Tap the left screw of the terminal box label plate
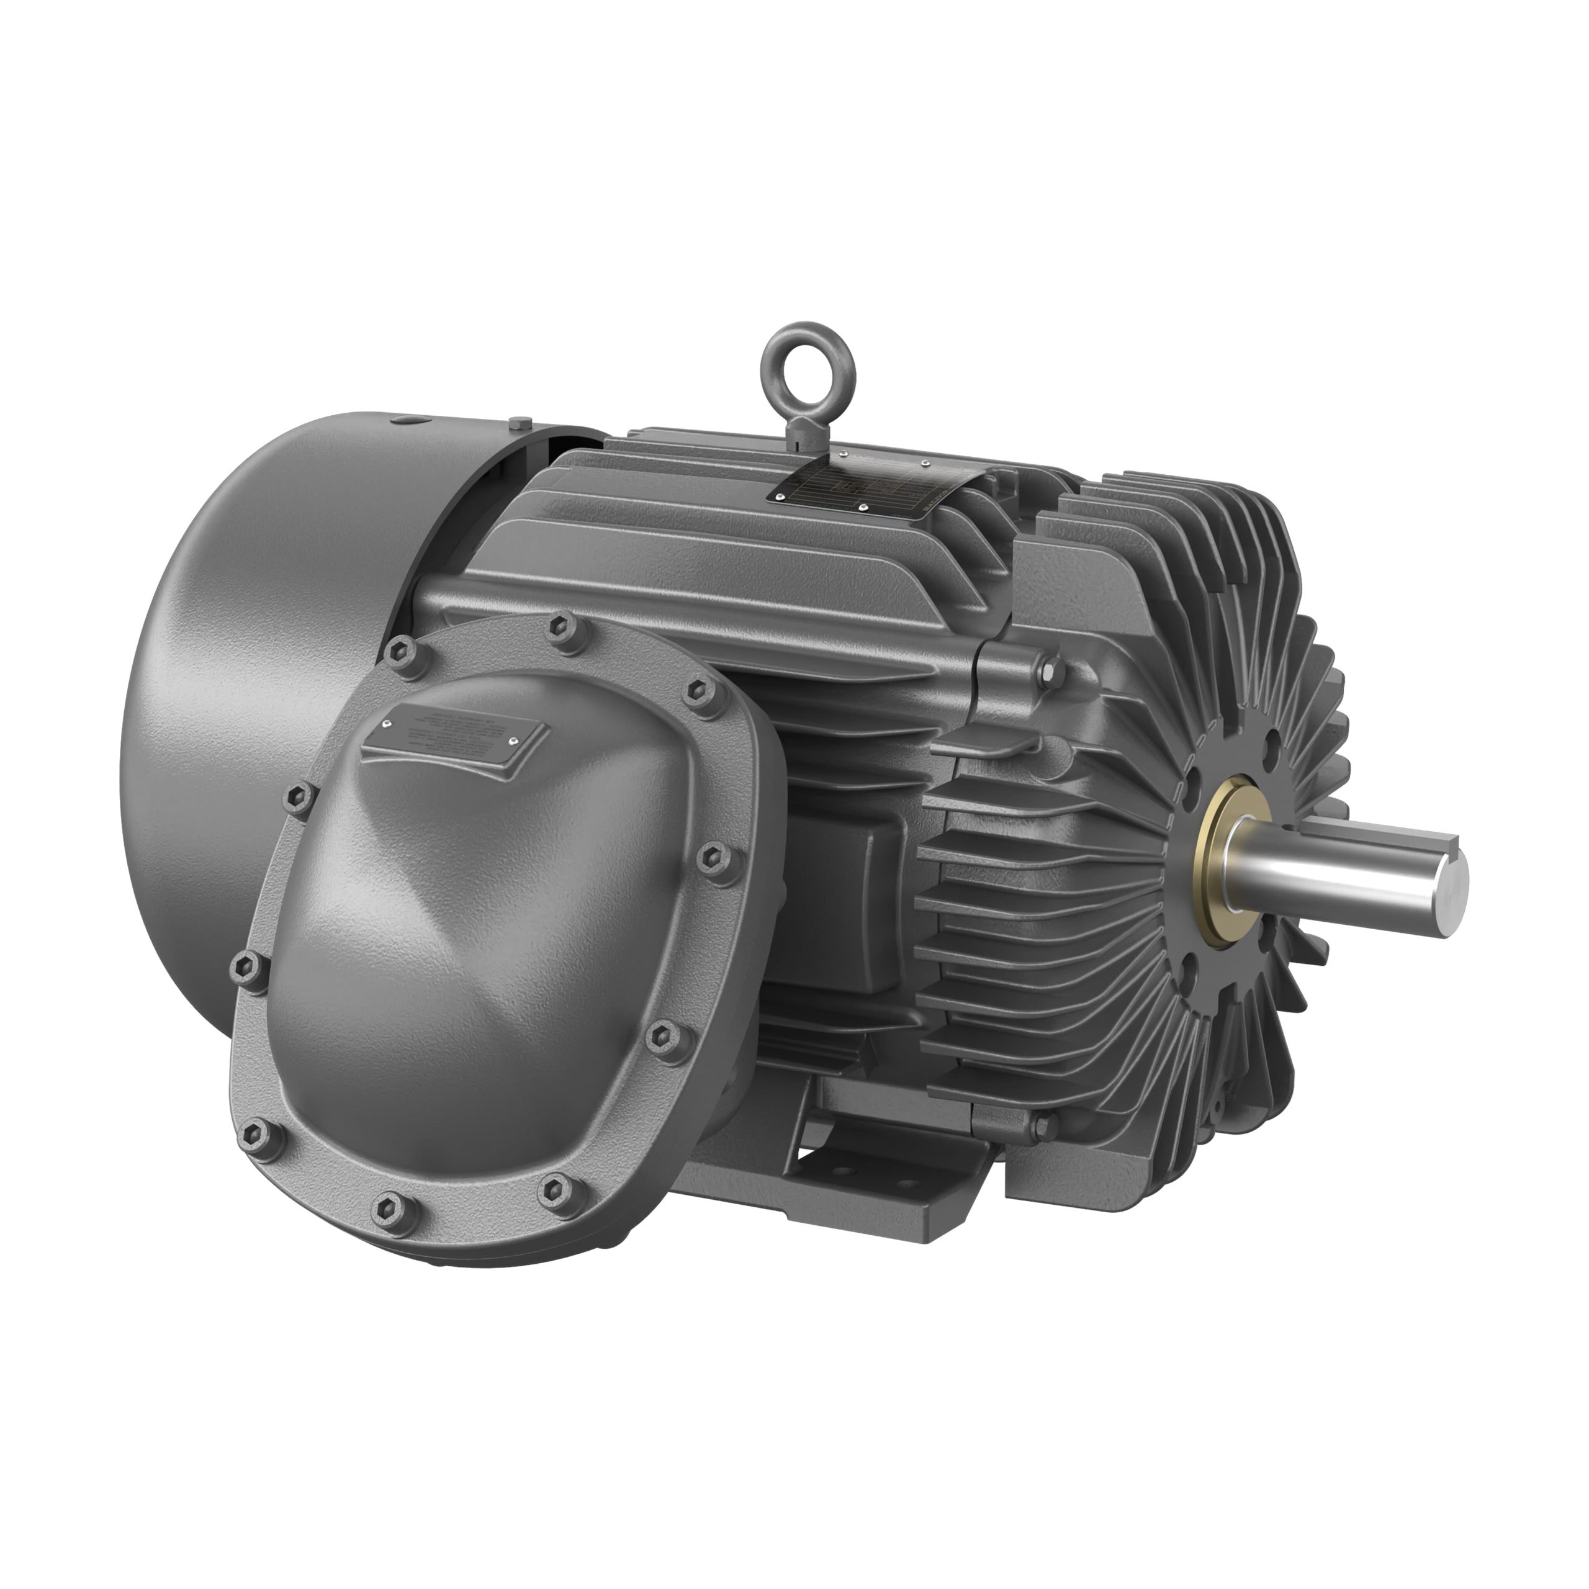[387, 724]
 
